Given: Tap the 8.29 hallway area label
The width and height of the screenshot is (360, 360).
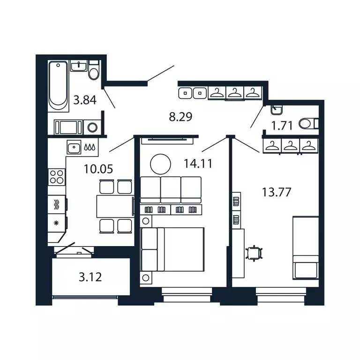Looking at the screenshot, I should click(x=180, y=116).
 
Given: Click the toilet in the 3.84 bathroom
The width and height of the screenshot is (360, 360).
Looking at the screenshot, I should click(x=94, y=72).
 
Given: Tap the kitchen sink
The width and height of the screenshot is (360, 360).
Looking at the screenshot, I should click(x=74, y=148).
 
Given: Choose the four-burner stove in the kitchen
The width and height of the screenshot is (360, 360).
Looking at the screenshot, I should click(x=57, y=177).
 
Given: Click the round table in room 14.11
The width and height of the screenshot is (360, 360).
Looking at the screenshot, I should click(x=160, y=164).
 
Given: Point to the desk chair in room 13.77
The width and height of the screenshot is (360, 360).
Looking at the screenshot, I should click(x=255, y=253).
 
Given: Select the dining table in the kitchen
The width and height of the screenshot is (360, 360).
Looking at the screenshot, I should click(x=115, y=206).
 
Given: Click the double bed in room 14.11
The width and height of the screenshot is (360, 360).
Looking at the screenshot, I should click(x=172, y=249).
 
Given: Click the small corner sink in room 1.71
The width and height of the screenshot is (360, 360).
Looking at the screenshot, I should click(x=276, y=110).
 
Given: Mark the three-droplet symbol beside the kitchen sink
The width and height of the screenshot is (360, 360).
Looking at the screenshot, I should click(x=92, y=148).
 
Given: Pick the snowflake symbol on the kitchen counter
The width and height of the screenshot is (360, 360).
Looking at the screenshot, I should click(x=56, y=222).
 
